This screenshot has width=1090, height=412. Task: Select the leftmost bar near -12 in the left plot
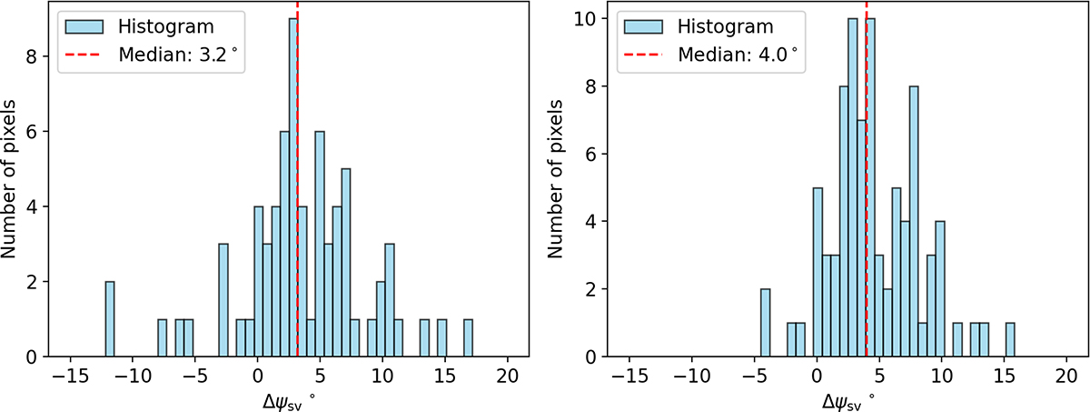110,318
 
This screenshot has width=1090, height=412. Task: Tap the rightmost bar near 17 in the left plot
468,337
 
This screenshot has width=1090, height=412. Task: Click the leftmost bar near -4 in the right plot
765,323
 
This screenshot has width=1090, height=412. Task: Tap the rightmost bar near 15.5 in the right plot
1009,339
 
